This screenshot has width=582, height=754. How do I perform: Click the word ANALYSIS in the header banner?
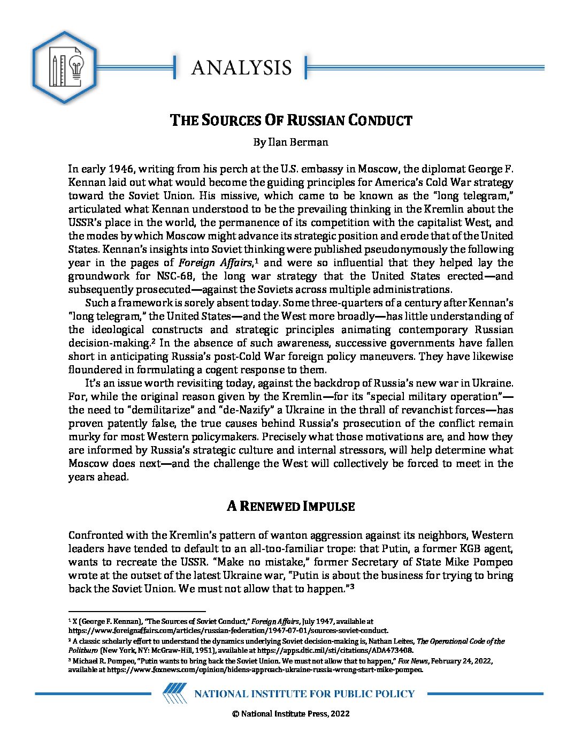(241, 67)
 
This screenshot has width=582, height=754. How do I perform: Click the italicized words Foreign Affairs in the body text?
(215, 263)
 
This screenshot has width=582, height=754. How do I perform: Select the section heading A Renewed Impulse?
(290, 506)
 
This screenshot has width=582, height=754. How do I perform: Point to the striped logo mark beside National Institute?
(174, 693)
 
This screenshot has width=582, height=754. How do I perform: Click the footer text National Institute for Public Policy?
(304, 694)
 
